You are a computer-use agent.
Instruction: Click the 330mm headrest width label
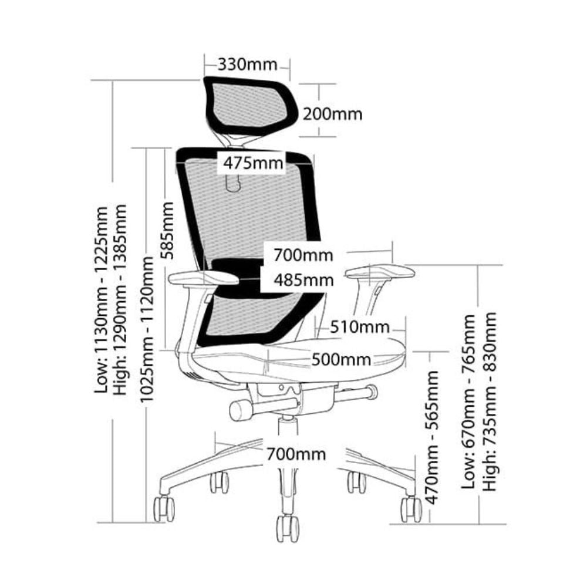tap(247, 63)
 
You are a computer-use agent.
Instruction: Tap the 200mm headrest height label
tap(332, 113)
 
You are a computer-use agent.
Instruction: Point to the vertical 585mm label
tap(168, 230)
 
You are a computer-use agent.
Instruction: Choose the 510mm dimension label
tap(359, 326)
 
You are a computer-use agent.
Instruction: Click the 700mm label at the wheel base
tap(296, 454)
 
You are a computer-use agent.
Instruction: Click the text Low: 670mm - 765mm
tap(468, 402)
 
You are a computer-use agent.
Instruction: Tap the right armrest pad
tap(380, 271)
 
